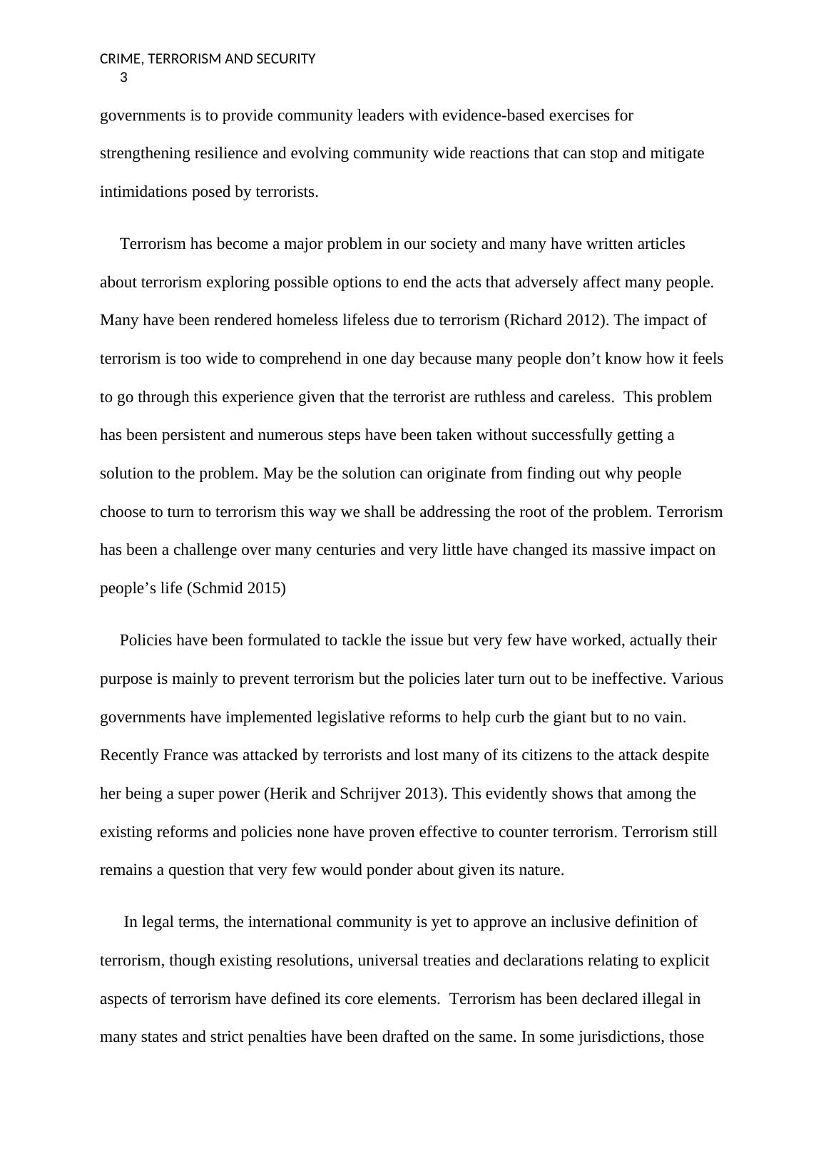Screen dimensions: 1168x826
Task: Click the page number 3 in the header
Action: (124, 78)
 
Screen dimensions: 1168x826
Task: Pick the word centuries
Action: (346, 550)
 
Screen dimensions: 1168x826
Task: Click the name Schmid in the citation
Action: (215, 589)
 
